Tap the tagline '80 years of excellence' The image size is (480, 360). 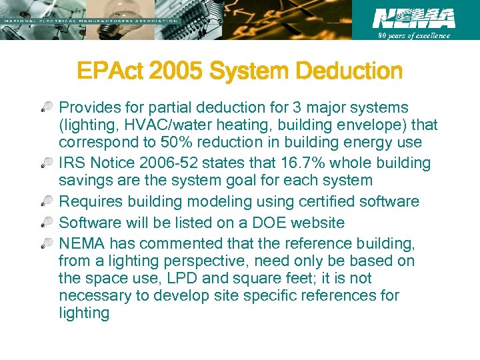[x=414, y=35]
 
